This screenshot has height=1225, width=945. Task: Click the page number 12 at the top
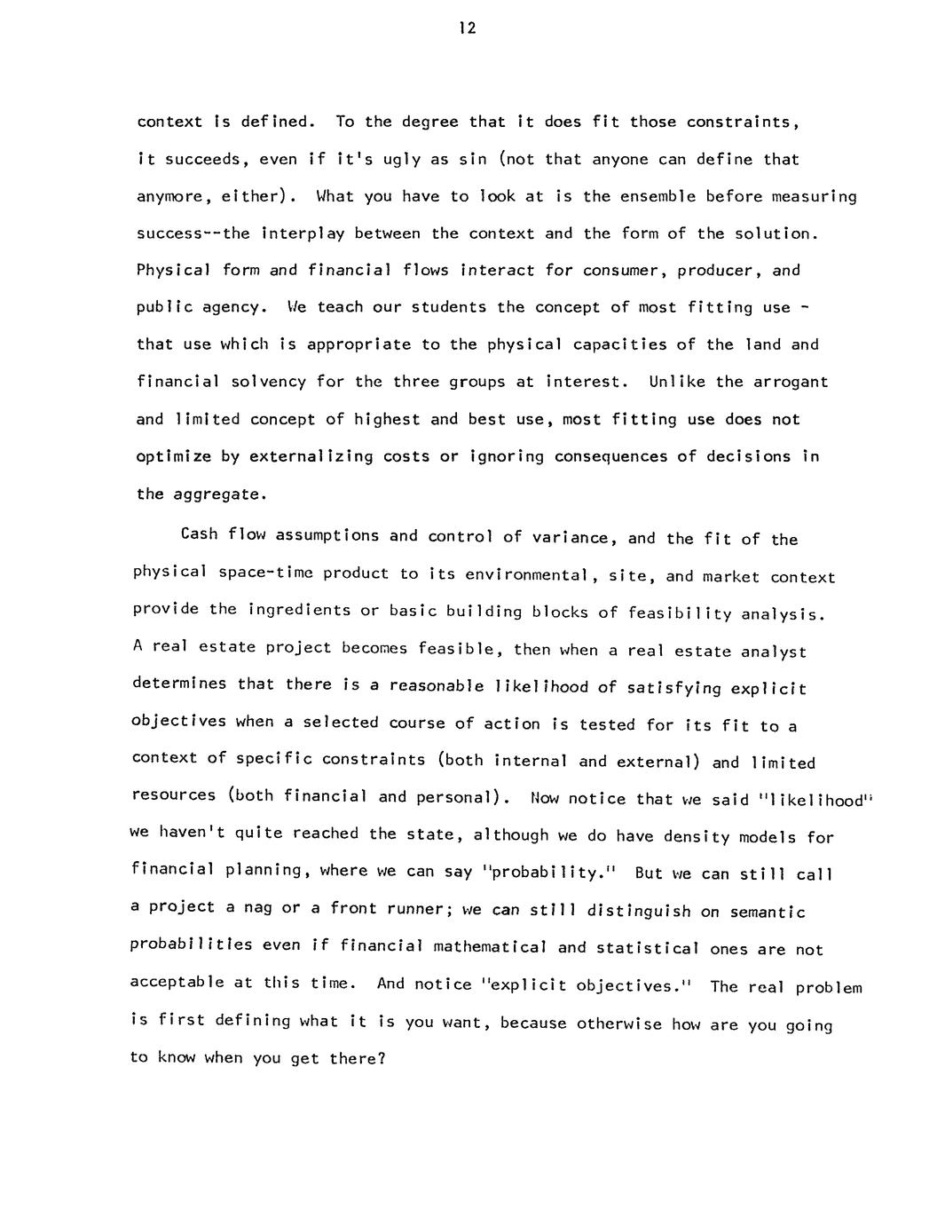tap(469, 28)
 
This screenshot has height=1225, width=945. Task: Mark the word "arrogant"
tap(791, 382)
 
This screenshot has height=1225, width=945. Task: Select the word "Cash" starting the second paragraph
tap(199, 534)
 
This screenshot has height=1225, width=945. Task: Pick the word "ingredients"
tap(299, 610)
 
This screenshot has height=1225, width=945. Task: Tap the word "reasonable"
tap(437, 686)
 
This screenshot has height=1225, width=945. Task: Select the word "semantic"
tap(768, 913)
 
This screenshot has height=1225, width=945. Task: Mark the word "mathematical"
tap(491, 947)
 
